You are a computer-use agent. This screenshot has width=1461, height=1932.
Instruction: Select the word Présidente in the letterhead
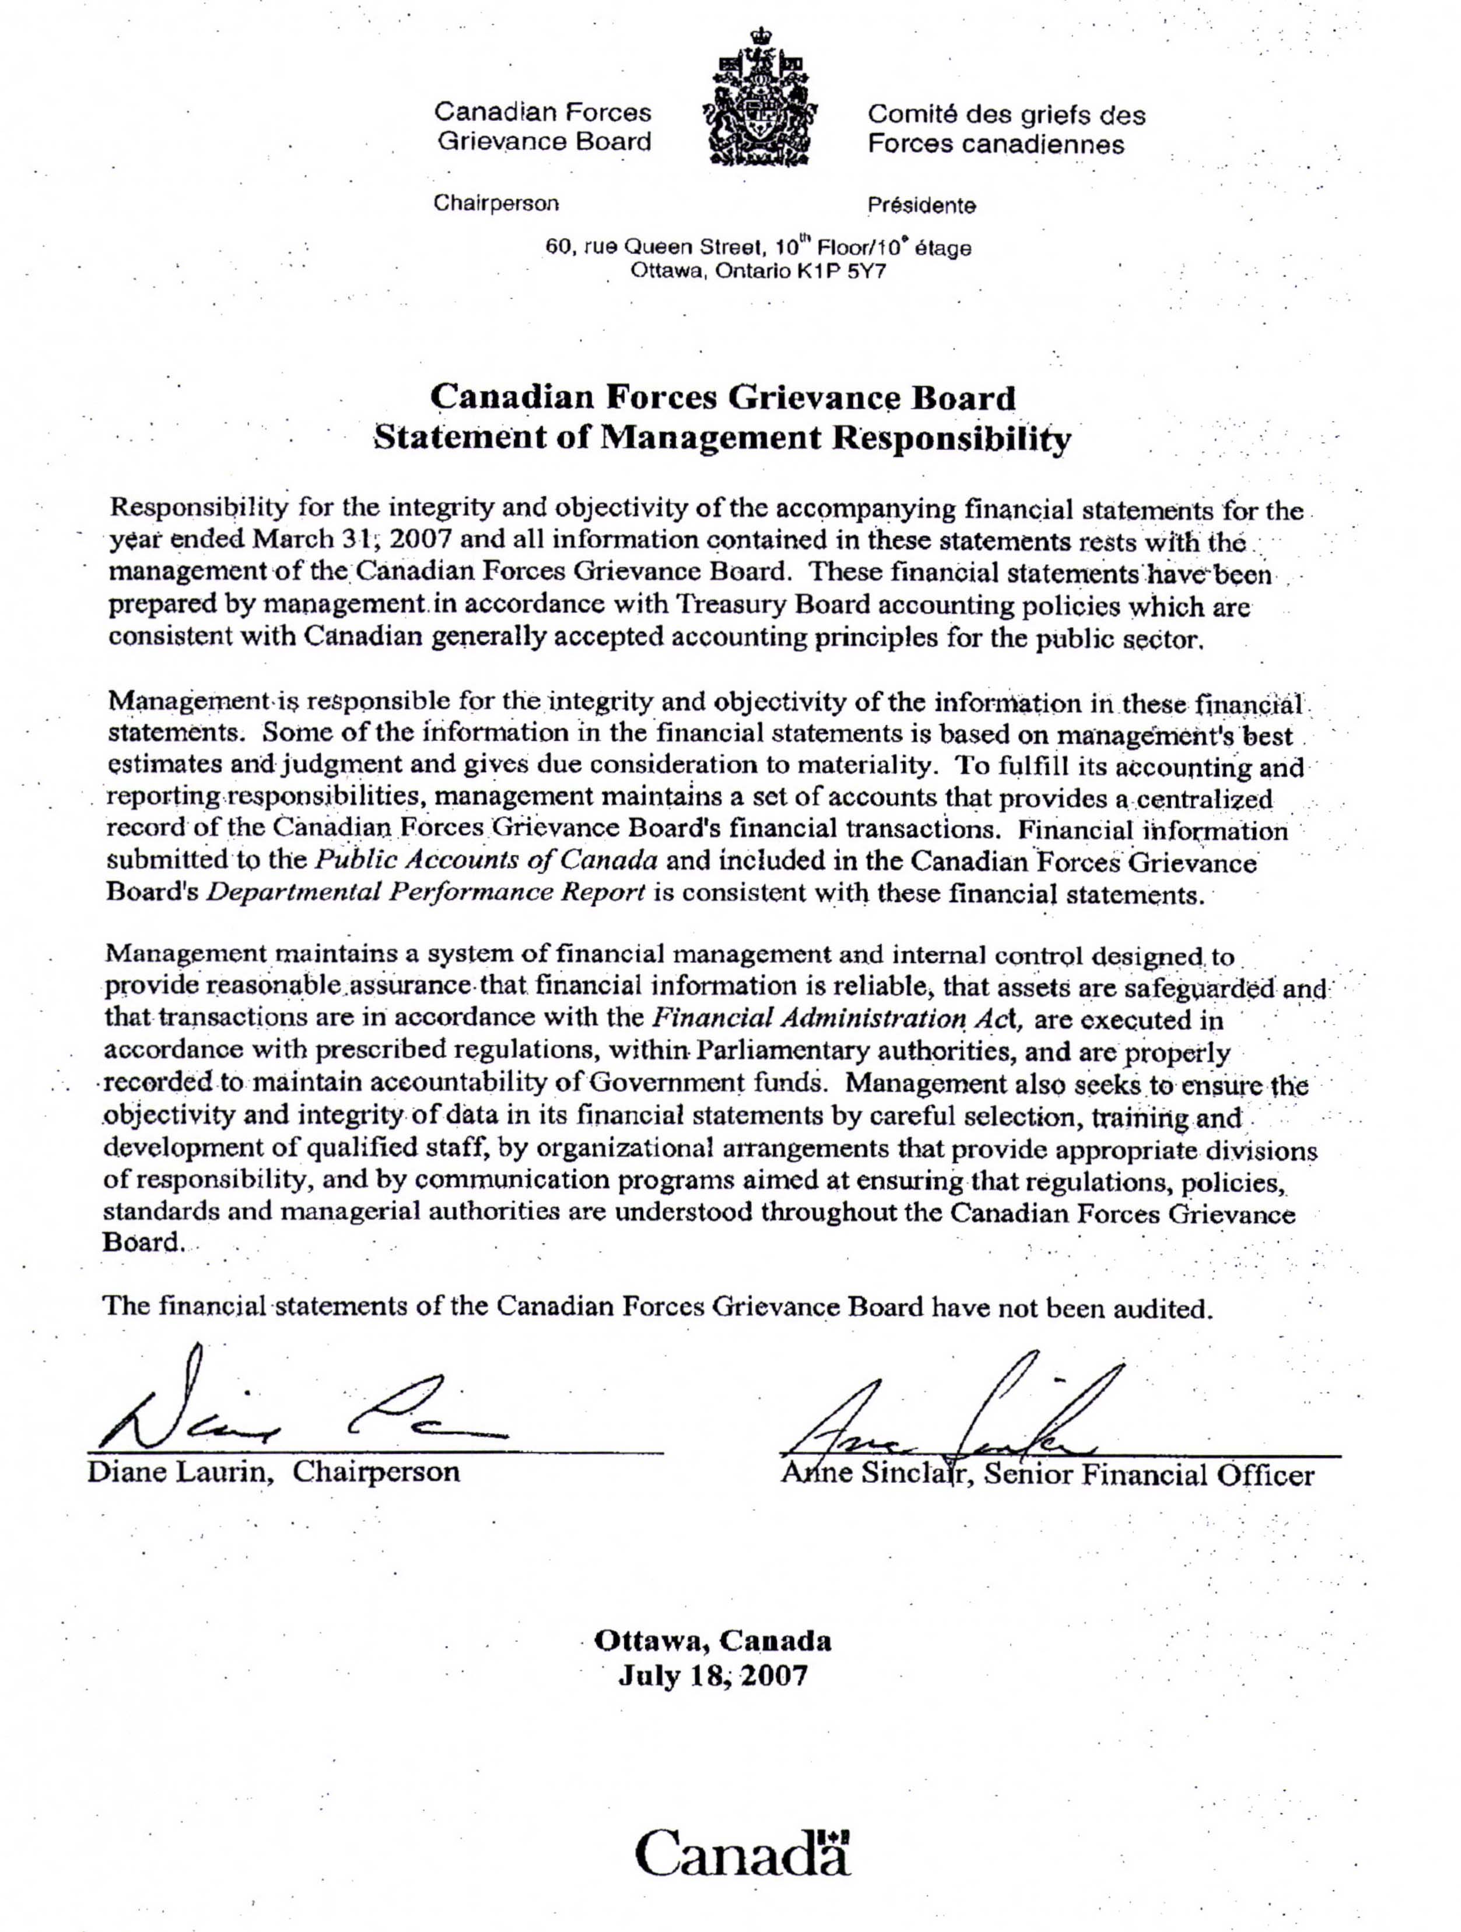pyautogui.click(x=921, y=206)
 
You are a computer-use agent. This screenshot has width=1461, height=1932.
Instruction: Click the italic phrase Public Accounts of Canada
pyautogui.click(x=485, y=860)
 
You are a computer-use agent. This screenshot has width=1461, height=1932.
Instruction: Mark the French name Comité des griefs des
pyautogui.click(x=1005, y=114)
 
